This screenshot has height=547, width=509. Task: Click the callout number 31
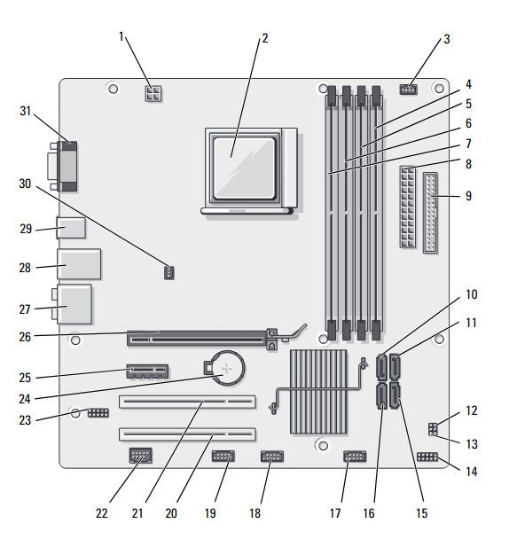[x=26, y=111]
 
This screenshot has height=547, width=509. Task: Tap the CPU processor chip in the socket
[x=245, y=168]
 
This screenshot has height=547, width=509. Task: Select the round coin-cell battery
[x=228, y=368]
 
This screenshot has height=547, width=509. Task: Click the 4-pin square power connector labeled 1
[x=153, y=93]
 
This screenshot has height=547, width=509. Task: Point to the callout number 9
[x=468, y=196]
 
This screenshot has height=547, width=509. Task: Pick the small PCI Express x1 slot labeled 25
[x=147, y=371]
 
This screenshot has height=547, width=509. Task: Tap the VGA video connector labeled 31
[x=64, y=167]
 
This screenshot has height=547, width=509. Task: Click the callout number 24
[x=25, y=399]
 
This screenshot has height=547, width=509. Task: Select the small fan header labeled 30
[x=169, y=272]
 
